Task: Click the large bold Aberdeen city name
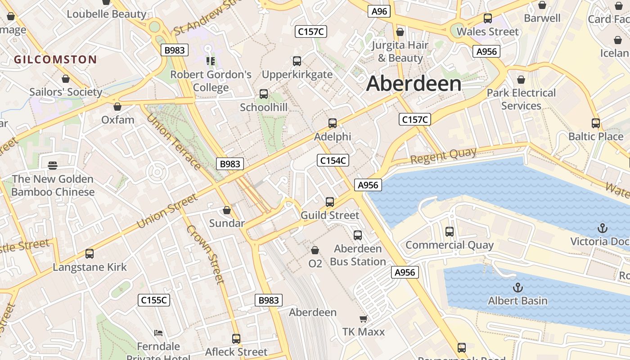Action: coord(414,84)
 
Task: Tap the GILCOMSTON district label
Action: coord(55,59)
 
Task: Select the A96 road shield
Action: coord(378,11)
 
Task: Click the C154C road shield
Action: coord(333,160)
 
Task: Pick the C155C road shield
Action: coord(154,300)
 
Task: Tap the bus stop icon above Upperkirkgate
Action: coord(297,61)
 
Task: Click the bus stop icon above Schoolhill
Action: coord(264,94)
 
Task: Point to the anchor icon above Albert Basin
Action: coord(518,287)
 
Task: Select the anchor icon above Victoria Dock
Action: coord(602,228)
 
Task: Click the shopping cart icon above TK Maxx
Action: coord(363,319)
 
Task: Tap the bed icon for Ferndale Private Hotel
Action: coord(158,333)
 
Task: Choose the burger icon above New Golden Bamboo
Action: coord(53,165)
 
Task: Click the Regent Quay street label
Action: coord(443,156)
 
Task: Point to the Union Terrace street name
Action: coord(174,142)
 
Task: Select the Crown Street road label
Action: coord(205,254)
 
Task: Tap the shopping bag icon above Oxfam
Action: coord(117,107)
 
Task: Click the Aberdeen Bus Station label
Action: coord(358,255)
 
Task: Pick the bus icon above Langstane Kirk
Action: coord(90,254)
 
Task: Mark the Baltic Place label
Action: coord(596,136)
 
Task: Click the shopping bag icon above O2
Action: coord(315,250)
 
